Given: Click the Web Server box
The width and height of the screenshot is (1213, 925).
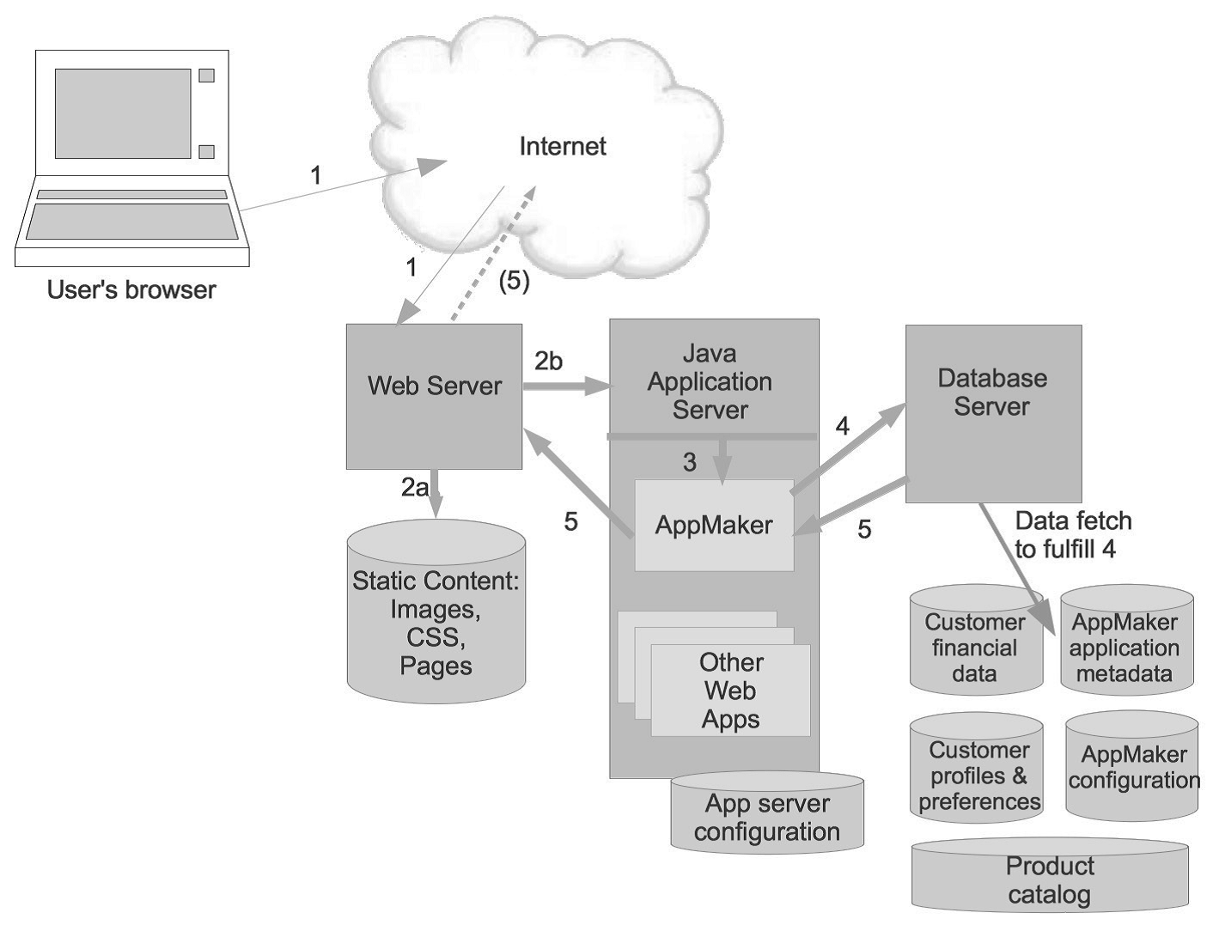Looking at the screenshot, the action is click(x=434, y=397).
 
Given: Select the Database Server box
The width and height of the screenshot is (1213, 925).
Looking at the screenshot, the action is click(x=993, y=413).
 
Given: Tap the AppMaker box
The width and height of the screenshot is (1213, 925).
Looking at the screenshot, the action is click(x=714, y=525).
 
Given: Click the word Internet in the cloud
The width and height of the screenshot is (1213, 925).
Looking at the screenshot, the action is click(x=563, y=146).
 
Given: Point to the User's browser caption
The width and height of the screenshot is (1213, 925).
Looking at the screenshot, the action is click(x=131, y=290).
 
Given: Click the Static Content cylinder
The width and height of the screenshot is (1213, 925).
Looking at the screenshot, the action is click(x=436, y=612).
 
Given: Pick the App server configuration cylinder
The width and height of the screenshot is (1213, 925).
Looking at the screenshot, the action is click(x=767, y=812).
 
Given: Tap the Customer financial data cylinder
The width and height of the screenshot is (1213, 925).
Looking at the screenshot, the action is click(x=976, y=640).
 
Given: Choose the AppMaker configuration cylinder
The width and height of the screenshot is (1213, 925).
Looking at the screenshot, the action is click(x=1131, y=765).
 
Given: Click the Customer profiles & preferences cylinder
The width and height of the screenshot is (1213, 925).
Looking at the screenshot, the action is click(x=977, y=768).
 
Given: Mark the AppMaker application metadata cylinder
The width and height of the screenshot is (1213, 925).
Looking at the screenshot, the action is click(x=1127, y=640).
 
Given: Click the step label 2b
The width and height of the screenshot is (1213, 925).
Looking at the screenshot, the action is click(x=548, y=362).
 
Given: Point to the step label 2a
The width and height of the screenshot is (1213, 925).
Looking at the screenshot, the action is click(x=414, y=487).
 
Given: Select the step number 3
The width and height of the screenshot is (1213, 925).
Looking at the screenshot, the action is click(x=690, y=462).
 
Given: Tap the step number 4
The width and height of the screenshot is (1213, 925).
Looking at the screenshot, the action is click(x=842, y=426).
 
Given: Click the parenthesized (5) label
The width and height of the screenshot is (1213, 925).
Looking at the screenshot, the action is click(x=514, y=281).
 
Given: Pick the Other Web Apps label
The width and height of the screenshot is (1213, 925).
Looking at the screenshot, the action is click(x=730, y=691).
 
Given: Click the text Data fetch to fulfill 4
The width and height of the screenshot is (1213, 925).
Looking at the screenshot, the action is click(x=1073, y=534).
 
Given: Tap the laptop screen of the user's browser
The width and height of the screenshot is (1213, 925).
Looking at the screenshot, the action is click(x=123, y=113).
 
